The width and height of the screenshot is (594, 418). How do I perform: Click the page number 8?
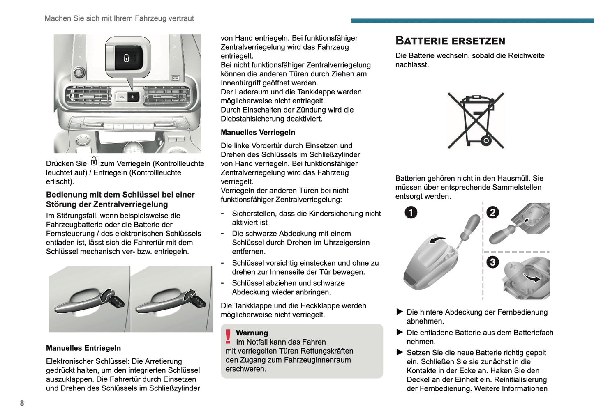22,403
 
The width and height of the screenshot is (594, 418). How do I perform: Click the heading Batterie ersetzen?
450,41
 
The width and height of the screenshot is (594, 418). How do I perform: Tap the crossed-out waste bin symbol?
476,120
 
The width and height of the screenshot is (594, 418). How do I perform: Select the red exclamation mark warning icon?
228,337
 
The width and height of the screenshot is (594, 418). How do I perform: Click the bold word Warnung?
252,333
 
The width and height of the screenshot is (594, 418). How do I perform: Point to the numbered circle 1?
411,212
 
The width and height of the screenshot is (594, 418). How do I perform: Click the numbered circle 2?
492,212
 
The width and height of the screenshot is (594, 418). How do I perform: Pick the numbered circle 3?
492,262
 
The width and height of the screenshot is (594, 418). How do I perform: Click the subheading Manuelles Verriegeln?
258,132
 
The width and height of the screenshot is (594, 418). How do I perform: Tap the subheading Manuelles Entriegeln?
83,348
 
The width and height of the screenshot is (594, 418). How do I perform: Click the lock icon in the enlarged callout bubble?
127,58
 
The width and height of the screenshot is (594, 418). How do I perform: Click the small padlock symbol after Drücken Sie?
94,161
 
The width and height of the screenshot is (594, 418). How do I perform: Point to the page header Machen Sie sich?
119,18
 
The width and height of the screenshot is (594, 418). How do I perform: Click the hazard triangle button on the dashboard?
122,97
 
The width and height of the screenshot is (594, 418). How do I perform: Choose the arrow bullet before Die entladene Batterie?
400,332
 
